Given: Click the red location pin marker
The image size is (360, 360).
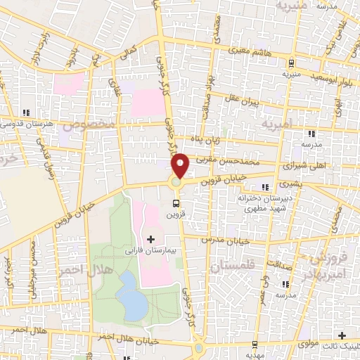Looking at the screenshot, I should (x=181, y=165).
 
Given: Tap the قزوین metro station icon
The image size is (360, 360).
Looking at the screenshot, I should (x=175, y=199).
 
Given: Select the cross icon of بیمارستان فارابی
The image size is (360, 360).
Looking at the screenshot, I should (x=150, y=239).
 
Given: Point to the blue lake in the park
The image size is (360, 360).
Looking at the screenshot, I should (x=130, y=294).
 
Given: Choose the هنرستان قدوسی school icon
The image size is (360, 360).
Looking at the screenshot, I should (x=26, y=112).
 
